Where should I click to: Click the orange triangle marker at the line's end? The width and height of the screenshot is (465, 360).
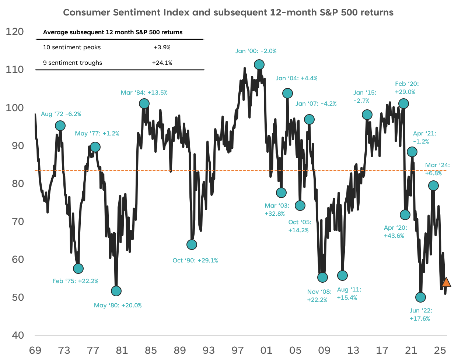tap(446, 283)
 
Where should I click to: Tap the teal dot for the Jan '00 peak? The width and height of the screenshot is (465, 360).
tap(259, 65)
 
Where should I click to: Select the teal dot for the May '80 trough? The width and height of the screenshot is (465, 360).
tap(116, 291)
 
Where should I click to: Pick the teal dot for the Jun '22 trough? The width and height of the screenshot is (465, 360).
tap(420, 297)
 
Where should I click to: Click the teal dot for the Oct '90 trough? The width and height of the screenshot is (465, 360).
tap(192, 244)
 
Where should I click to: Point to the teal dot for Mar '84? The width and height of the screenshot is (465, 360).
tap(144, 104)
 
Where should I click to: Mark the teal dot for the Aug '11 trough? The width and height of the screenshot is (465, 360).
tap(342, 275)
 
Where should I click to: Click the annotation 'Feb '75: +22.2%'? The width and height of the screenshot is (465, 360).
tap(75, 281)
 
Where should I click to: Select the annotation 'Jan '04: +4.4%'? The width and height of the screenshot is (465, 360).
tap(297, 78)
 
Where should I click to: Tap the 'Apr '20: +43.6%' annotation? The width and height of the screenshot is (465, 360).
tap(395, 232)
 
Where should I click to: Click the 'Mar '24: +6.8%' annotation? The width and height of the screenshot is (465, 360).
tap(437, 169)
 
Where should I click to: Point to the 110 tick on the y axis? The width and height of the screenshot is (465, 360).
tap(15, 70)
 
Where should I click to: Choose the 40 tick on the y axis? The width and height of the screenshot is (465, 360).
tap(18, 335)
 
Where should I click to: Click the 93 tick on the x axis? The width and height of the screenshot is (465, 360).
tap(209, 350)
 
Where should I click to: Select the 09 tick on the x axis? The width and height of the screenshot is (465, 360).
tap(324, 350)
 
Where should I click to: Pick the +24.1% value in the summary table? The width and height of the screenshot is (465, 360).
tap(162, 63)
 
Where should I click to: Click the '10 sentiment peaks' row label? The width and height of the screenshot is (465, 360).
tap(72, 47)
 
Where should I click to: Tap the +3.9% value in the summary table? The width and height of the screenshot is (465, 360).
tap(162, 47)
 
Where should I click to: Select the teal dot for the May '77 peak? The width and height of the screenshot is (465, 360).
tap(95, 147)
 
